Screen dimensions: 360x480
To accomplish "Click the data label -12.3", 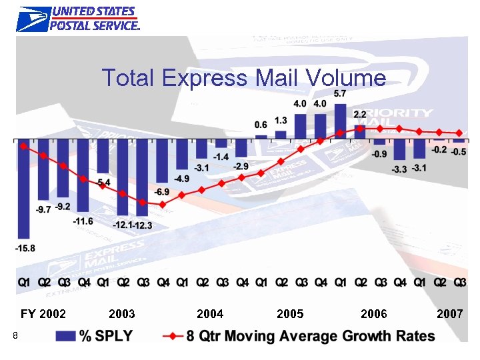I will pos(143,225).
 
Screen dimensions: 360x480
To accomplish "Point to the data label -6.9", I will pos(162,192).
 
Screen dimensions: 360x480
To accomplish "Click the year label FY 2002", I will pos(43,313).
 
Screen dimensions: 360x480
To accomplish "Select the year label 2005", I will pos(290,313).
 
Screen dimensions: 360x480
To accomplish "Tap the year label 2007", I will pos(450,313).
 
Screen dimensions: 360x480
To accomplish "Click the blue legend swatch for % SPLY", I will pos(65,336).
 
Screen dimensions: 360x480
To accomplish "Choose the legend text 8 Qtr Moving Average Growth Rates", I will pos(311,336).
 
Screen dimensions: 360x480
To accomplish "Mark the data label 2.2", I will pos(360,115).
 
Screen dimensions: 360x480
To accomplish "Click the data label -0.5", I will pos(459,152).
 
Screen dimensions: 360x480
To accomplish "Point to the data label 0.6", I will pos(261,125).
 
